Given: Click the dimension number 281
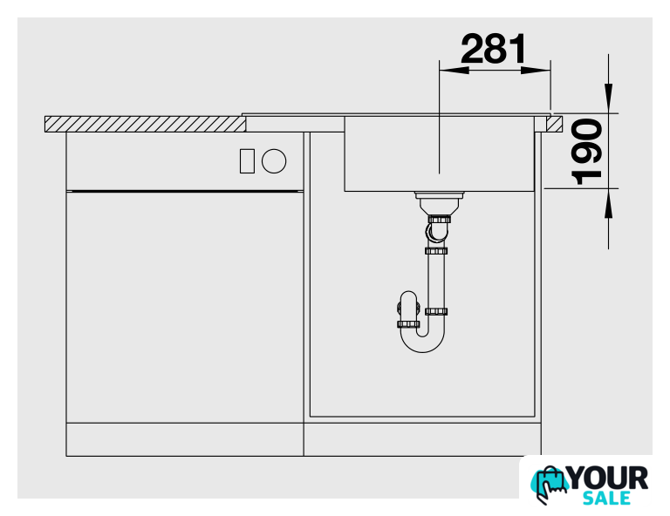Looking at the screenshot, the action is (x=494, y=49).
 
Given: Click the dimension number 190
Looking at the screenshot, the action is (x=586, y=152).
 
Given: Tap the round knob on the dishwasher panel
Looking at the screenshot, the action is (x=274, y=161).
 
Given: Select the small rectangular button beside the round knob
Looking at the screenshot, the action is (x=247, y=161).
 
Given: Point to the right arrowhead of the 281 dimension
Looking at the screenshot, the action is (x=536, y=70).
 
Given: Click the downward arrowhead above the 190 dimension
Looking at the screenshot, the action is (x=608, y=98).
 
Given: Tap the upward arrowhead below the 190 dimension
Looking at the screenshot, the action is (x=608, y=202).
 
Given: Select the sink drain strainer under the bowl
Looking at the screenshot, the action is (x=439, y=203).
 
